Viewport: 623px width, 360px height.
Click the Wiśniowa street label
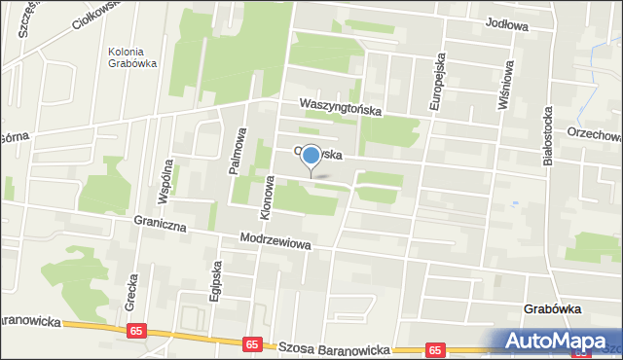click(503, 85)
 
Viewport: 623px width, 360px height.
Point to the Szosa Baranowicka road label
click(334, 347)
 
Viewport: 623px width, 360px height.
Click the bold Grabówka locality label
click(553, 309)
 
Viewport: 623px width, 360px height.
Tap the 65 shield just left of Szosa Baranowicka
click(252, 343)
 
